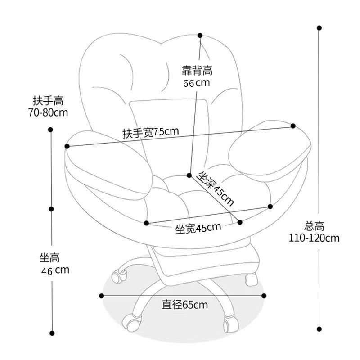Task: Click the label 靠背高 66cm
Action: click(197, 76)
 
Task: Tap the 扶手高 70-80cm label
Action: click(48, 106)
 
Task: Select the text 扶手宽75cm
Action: click(151, 132)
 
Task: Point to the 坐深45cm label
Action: click(216, 188)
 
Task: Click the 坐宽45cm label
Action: click(198, 228)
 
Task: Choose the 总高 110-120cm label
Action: click(314, 232)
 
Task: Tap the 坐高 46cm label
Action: click(53, 264)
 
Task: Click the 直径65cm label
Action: click(185, 305)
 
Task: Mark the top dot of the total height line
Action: click(319, 28)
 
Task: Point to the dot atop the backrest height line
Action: click(200, 35)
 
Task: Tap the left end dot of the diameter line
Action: click(102, 296)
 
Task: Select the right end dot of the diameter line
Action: click(263, 296)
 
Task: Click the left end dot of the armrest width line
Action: click(67, 146)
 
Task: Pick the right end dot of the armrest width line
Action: click(293, 126)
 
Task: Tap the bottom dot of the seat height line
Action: click(52, 333)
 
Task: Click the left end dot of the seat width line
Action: click(147, 222)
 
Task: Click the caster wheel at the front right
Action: click(229, 323)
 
